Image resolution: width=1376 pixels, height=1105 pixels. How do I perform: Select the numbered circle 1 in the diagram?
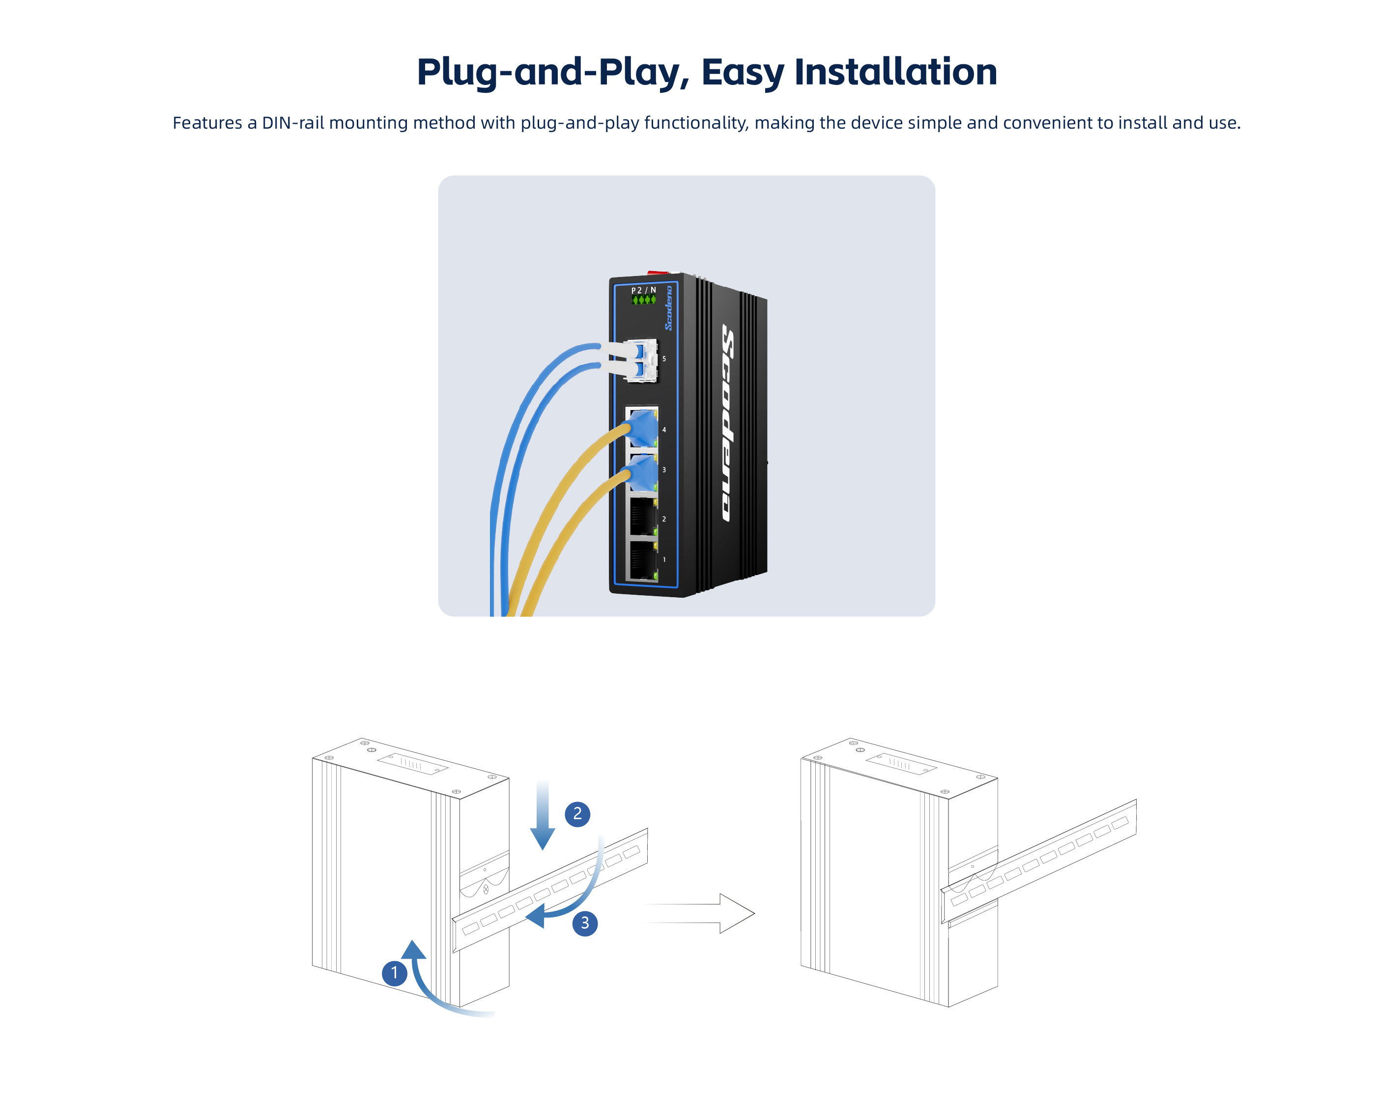point(395,973)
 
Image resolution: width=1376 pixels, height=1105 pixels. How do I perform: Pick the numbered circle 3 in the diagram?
point(585,923)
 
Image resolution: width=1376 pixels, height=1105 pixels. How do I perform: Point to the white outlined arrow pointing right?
point(702,913)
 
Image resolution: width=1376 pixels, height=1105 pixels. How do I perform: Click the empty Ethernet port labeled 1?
point(643,560)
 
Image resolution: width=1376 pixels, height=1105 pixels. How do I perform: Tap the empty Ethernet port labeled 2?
point(643,517)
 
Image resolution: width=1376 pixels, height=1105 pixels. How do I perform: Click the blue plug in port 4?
point(643,427)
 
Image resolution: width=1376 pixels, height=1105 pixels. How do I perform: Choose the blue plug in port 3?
point(643,472)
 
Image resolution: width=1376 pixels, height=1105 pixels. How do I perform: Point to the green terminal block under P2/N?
point(643,300)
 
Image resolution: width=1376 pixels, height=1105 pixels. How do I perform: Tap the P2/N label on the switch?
point(643,290)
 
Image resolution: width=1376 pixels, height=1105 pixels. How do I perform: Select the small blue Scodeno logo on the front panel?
point(669,308)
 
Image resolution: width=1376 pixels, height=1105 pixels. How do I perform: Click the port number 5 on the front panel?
point(664,359)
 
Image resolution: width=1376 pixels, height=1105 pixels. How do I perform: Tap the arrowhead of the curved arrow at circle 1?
point(414,949)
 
